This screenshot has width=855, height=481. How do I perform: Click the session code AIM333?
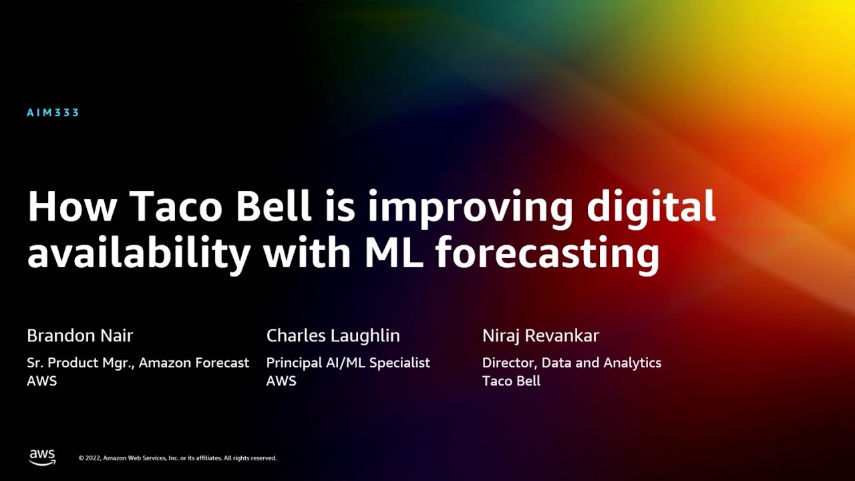click(53, 113)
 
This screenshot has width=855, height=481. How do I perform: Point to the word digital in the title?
click(651, 208)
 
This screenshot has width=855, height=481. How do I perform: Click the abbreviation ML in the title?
click(393, 253)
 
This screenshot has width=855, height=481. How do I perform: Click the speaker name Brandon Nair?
click(80, 335)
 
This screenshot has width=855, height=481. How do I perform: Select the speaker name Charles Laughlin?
click(333, 335)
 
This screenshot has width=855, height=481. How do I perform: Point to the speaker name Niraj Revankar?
click(540, 335)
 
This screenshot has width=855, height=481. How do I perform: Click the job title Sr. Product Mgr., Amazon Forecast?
click(138, 363)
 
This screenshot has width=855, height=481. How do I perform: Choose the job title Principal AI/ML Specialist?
click(348, 363)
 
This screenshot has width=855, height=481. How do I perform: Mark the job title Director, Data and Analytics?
click(572, 363)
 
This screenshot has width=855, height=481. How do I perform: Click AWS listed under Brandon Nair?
click(41, 381)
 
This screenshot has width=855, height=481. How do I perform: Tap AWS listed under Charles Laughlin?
click(281, 381)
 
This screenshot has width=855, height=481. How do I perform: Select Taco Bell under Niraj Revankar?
click(511, 381)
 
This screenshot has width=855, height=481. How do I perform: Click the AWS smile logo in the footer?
click(42, 457)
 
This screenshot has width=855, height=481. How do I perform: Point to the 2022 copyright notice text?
click(178, 458)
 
